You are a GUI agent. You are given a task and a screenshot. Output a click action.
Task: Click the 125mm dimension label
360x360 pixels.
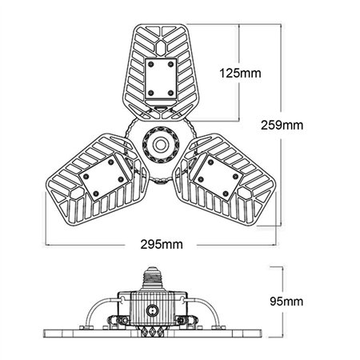239,73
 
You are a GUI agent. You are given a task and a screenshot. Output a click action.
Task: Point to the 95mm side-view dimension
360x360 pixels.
286,301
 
